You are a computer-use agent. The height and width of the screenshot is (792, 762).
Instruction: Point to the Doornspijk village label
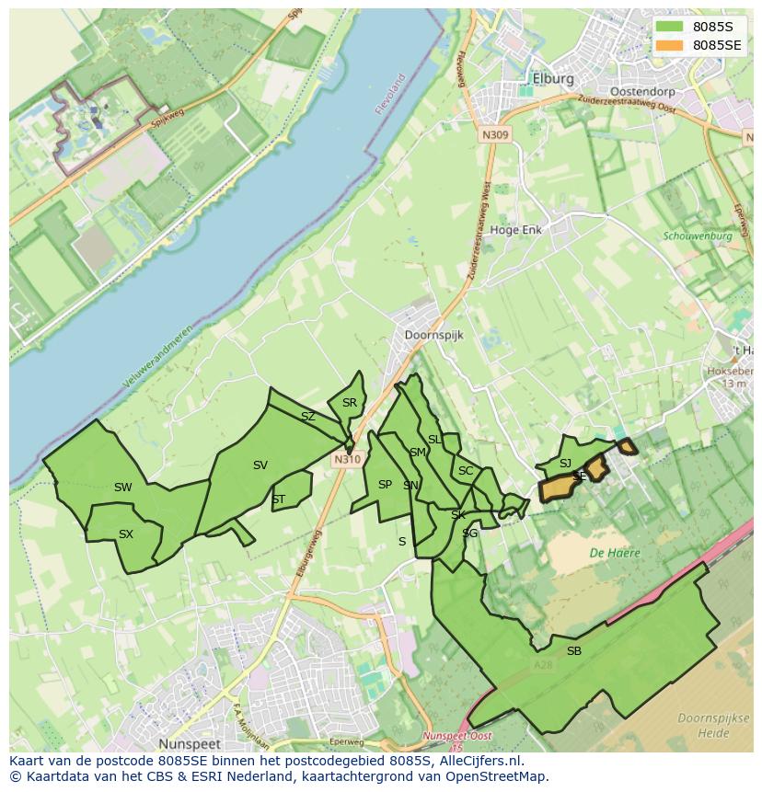(x=433, y=336)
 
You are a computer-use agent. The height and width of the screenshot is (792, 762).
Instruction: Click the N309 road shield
(x=494, y=135)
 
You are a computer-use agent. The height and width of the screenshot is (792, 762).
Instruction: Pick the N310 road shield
(x=346, y=459)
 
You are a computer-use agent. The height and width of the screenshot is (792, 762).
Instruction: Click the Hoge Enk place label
(x=516, y=230)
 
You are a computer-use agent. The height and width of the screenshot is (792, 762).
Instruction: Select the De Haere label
(x=615, y=553)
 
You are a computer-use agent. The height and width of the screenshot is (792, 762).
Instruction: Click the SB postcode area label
(x=573, y=651)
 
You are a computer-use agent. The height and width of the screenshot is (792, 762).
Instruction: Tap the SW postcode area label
(x=122, y=488)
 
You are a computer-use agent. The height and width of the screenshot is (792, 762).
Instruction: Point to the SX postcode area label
(x=126, y=534)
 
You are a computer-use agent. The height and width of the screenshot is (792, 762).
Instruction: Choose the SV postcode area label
(x=260, y=465)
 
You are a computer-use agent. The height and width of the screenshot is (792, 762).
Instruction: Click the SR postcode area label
(x=349, y=403)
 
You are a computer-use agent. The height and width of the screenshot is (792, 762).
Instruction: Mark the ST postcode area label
(x=278, y=499)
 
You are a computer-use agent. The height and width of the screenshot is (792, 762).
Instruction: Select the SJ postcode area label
(x=565, y=464)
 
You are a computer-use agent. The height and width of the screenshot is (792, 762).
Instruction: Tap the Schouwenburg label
(x=697, y=236)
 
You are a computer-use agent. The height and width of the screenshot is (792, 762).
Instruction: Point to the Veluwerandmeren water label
(x=157, y=356)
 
